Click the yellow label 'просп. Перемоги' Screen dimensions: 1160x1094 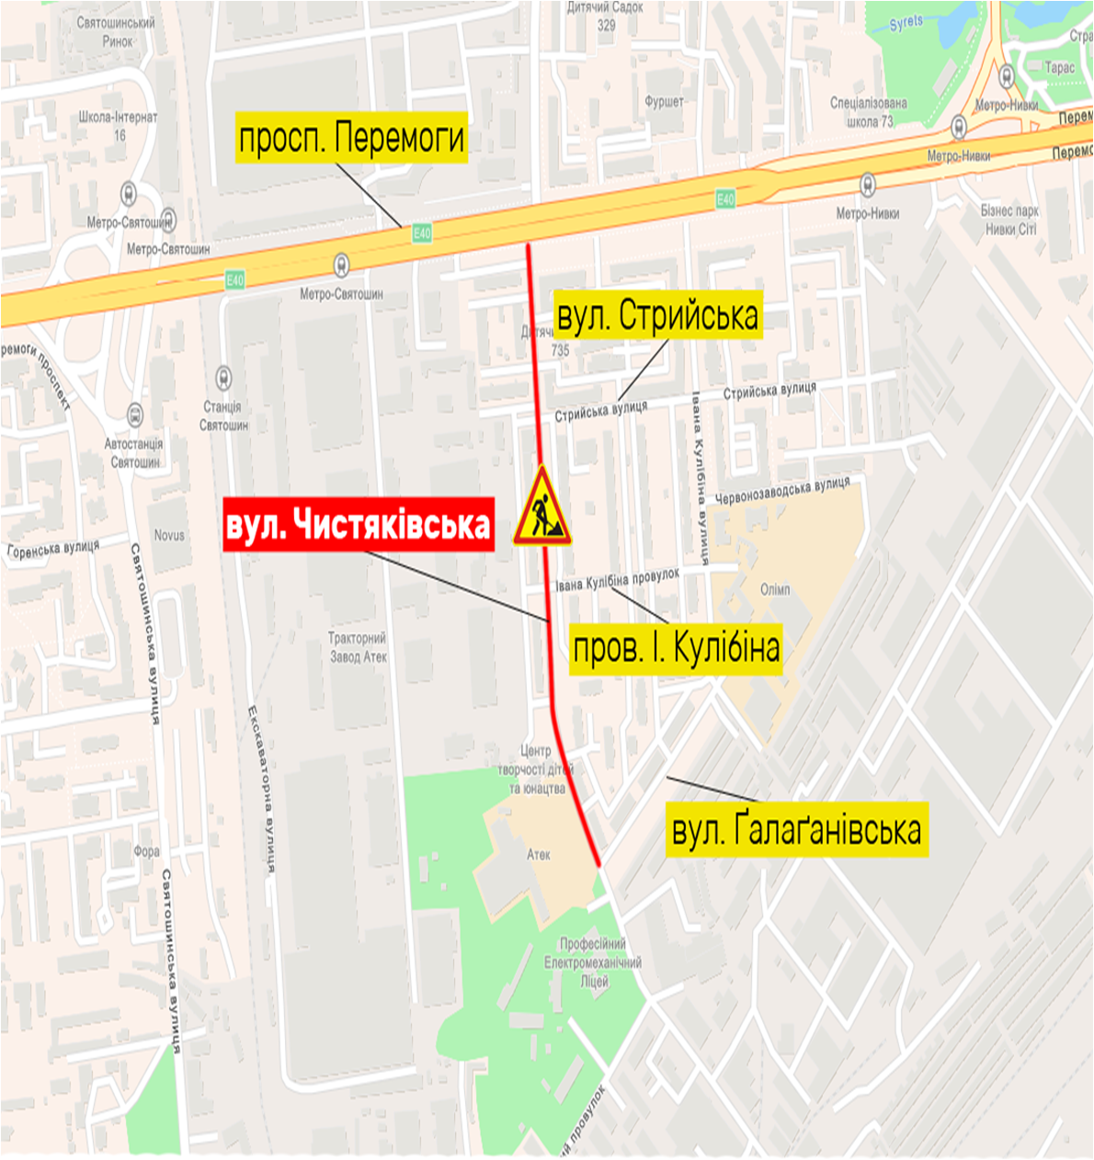point(351,138)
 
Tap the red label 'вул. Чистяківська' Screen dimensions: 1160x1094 point(359,525)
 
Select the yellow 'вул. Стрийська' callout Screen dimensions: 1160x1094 point(658,315)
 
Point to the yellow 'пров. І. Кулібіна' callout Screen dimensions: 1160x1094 point(677,648)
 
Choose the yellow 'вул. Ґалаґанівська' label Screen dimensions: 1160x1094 point(796,830)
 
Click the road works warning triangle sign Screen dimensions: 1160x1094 point(542,508)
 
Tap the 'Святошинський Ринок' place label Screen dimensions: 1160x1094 point(117,31)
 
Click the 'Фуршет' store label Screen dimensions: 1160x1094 point(664,101)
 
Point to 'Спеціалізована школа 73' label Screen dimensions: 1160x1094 point(868,112)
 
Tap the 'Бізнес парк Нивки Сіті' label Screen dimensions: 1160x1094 point(1009,220)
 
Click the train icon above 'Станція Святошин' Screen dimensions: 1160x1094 point(223,378)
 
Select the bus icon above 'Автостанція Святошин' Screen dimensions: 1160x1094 point(135,415)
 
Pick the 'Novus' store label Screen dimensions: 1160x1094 point(169,534)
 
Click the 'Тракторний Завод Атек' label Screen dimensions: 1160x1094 point(358,647)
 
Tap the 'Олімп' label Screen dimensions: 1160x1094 point(775,589)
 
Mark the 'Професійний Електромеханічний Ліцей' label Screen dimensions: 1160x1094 point(593,962)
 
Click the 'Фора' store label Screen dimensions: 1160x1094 point(146,851)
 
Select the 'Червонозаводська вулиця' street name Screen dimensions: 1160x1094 point(782,489)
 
